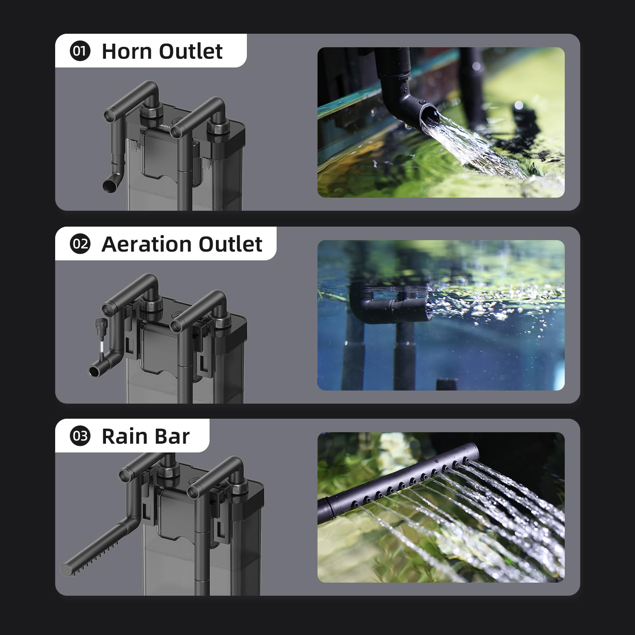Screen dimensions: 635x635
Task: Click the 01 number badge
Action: [80, 51]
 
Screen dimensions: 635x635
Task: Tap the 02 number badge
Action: [80, 244]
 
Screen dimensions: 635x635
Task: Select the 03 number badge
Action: [80, 436]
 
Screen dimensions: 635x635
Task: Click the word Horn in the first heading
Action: [127, 52]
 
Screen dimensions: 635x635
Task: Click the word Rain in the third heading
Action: [125, 437]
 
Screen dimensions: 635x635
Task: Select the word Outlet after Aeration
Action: [230, 244]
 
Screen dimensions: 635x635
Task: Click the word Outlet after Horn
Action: [191, 52]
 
